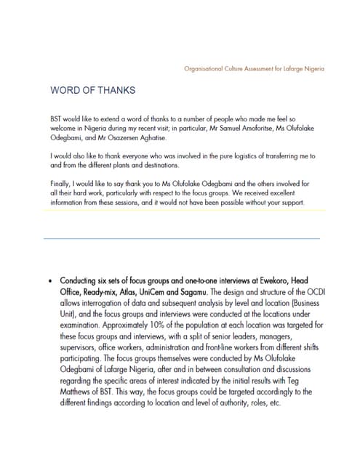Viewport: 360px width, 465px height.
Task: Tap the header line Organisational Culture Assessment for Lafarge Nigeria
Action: coord(253,68)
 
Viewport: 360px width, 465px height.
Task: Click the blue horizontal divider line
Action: coord(182,238)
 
